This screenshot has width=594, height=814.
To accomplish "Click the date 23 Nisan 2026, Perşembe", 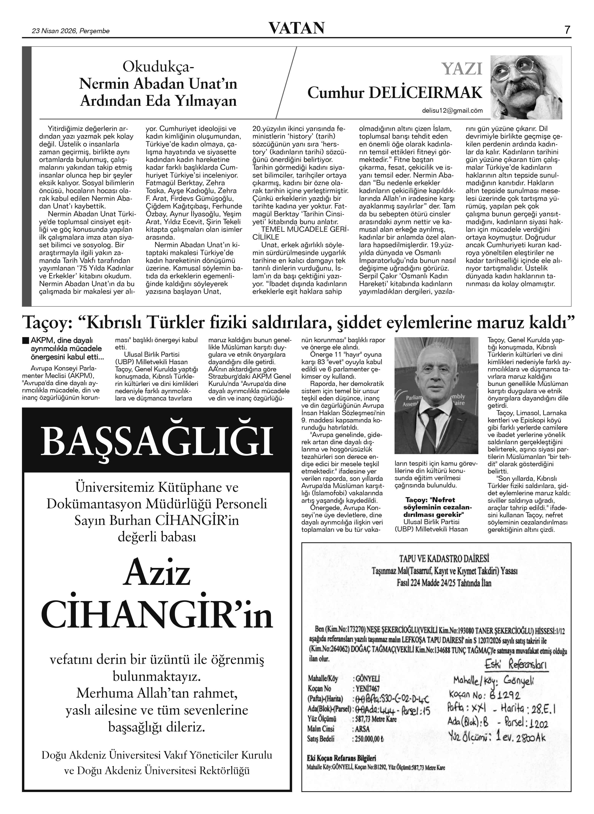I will (x=71, y=31).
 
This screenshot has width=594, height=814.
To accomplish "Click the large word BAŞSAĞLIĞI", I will (x=157, y=441).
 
